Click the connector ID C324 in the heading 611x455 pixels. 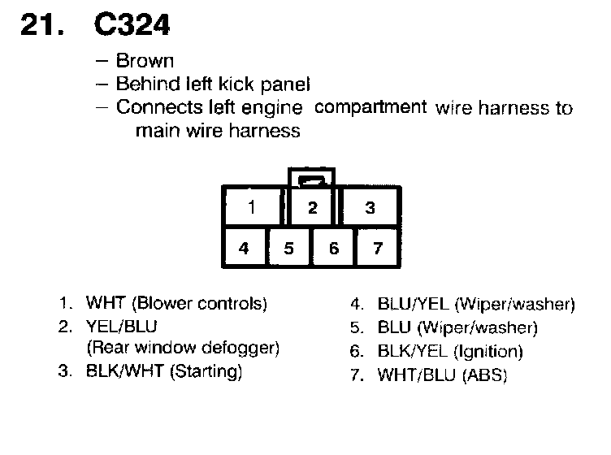132,26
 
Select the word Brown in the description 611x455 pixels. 145,61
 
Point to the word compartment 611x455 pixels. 370,106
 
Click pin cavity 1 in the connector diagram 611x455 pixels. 252,207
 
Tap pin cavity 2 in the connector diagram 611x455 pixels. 312,208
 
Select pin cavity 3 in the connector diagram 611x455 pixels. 370,208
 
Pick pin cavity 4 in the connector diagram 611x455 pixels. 244,249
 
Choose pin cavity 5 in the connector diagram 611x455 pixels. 288,249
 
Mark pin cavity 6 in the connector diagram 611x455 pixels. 333,249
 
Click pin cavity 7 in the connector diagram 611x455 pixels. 378,249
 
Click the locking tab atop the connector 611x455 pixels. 312,180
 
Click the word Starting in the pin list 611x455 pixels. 211,372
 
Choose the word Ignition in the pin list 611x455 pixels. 491,352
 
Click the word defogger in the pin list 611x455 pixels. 245,349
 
